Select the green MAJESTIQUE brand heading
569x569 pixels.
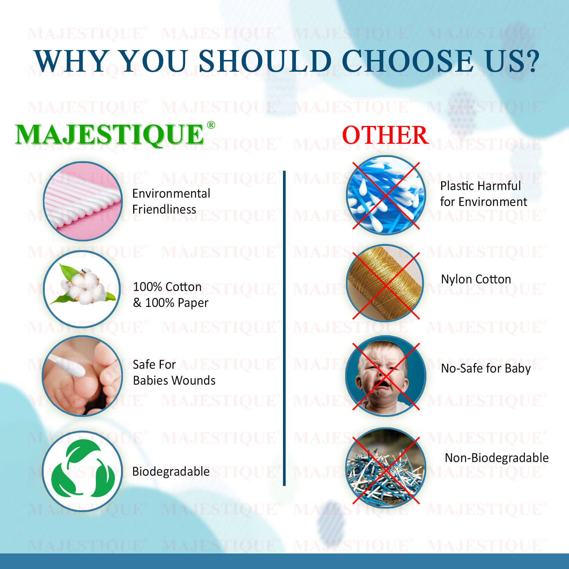click(x=110, y=134)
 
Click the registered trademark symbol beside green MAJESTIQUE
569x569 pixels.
click(x=211, y=125)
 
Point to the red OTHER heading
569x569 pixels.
click(x=385, y=135)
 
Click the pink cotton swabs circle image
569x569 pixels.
click(x=83, y=201)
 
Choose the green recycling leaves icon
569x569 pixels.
click(x=82, y=471)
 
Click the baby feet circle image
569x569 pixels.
click(x=82, y=376)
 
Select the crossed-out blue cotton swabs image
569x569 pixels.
click(x=386, y=195)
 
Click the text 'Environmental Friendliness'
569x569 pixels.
click(x=171, y=201)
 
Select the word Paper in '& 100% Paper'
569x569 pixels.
click(x=192, y=303)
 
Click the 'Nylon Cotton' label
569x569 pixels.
click(x=476, y=279)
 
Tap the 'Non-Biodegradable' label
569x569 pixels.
click(x=497, y=458)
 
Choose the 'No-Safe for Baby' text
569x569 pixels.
click(x=486, y=368)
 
